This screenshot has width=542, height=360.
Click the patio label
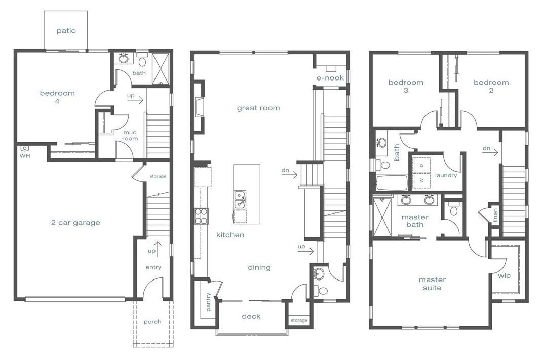66,31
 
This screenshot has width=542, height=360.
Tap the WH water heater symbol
24,148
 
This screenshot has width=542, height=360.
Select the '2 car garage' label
75,223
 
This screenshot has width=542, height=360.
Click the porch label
152,322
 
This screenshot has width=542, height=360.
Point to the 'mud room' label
130,135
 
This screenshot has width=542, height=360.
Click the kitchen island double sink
240,200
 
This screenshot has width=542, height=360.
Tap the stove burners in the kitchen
201,216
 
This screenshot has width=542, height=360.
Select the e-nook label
330,78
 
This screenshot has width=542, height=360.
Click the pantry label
208,302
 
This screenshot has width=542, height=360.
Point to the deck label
251,316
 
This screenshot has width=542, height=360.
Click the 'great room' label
258,108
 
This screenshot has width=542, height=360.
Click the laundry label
446,176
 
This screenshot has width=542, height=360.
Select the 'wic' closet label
504,276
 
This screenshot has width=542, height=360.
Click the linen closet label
495,215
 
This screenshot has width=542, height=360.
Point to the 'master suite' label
432,284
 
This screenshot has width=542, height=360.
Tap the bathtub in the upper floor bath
391,183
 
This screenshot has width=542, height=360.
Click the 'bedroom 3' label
406,86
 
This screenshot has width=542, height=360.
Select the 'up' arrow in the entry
158,249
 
